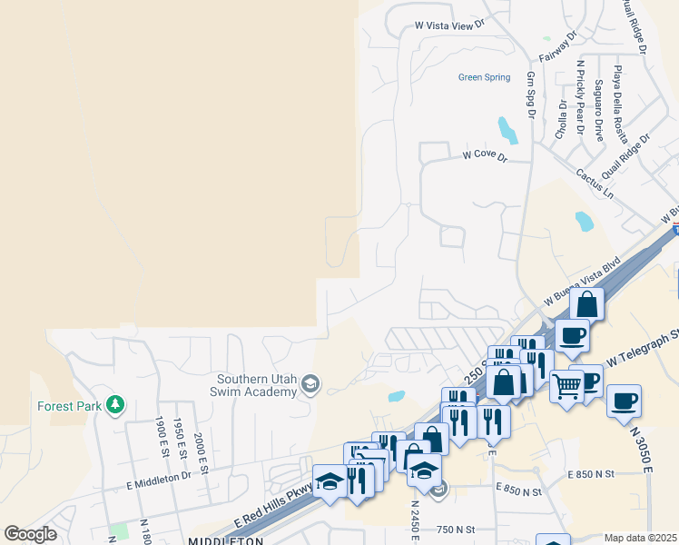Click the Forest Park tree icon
tap(114, 404)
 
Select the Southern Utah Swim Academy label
tap(257, 385)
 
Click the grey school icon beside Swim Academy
tap(310, 384)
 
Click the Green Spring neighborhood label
tap(484, 77)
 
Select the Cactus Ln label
tap(595, 183)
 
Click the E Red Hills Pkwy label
tap(272, 507)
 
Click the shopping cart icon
tap(566, 386)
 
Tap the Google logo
tap(30, 534)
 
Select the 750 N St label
tap(458, 530)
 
